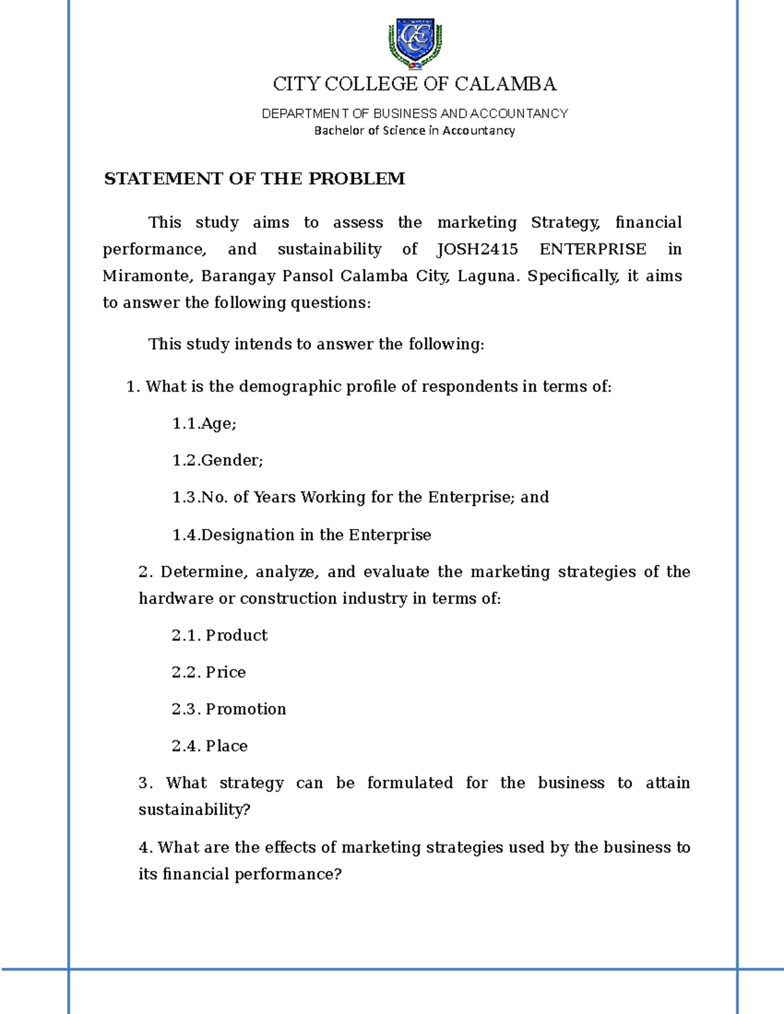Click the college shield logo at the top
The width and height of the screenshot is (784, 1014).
pyautogui.click(x=415, y=43)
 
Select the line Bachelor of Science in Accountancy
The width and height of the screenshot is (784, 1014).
pyautogui.click(x=414, y=131)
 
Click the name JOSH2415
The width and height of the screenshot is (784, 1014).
pyautogui.click(x=477, y=249)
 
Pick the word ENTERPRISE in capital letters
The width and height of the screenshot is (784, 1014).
pyautogui.click(x=593, y=249)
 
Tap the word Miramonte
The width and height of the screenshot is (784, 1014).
pyautogui.click(x=147, y=276)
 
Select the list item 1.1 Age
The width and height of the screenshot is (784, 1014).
pyautogui.click(x=204, y=424)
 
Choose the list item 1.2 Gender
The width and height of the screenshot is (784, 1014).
pyautogui.click(x=218, y=460)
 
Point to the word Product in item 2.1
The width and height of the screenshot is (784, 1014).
pyautogui.click(x=237, y=635)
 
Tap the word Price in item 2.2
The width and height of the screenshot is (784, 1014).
pyautogui.click(x=225, y=673)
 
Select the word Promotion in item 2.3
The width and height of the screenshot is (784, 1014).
pyautogui.click(x=246, y=709)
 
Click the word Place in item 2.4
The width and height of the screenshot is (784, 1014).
pyautogui.click(x=227, y=746)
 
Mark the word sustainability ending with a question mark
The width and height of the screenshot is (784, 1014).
pyautogui.click(x=194, y=810)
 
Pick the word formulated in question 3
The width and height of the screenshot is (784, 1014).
pyautogui.click(x=410, y=783)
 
